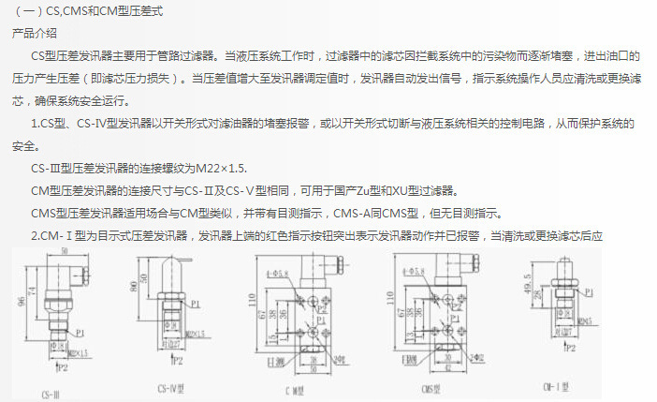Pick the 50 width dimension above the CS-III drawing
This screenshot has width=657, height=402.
pos(64,253)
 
